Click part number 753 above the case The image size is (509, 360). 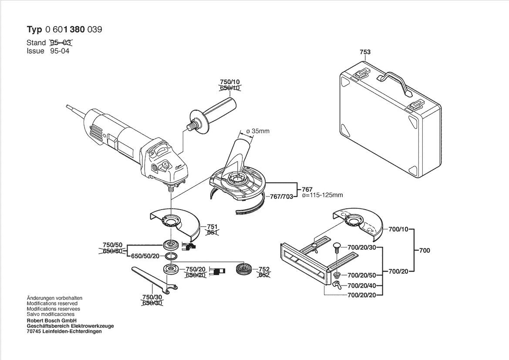(x=365, y=52)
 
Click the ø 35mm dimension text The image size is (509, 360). (x=258, y=131)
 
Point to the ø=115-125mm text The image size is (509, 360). (x=322, y=196)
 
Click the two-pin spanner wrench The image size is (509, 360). (x=152, y=279)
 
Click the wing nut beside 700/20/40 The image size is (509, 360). (x=337, y=285)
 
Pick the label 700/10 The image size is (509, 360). (x=398, y=229)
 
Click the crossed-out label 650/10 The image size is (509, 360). (x=229, y=88)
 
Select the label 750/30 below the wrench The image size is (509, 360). (x=151, y=296)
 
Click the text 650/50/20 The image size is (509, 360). (x=146, y=256)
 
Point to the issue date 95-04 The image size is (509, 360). (x=60, y=51)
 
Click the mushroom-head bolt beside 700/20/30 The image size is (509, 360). (x=336, y=248)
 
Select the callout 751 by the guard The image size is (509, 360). (x=212, y=227)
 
